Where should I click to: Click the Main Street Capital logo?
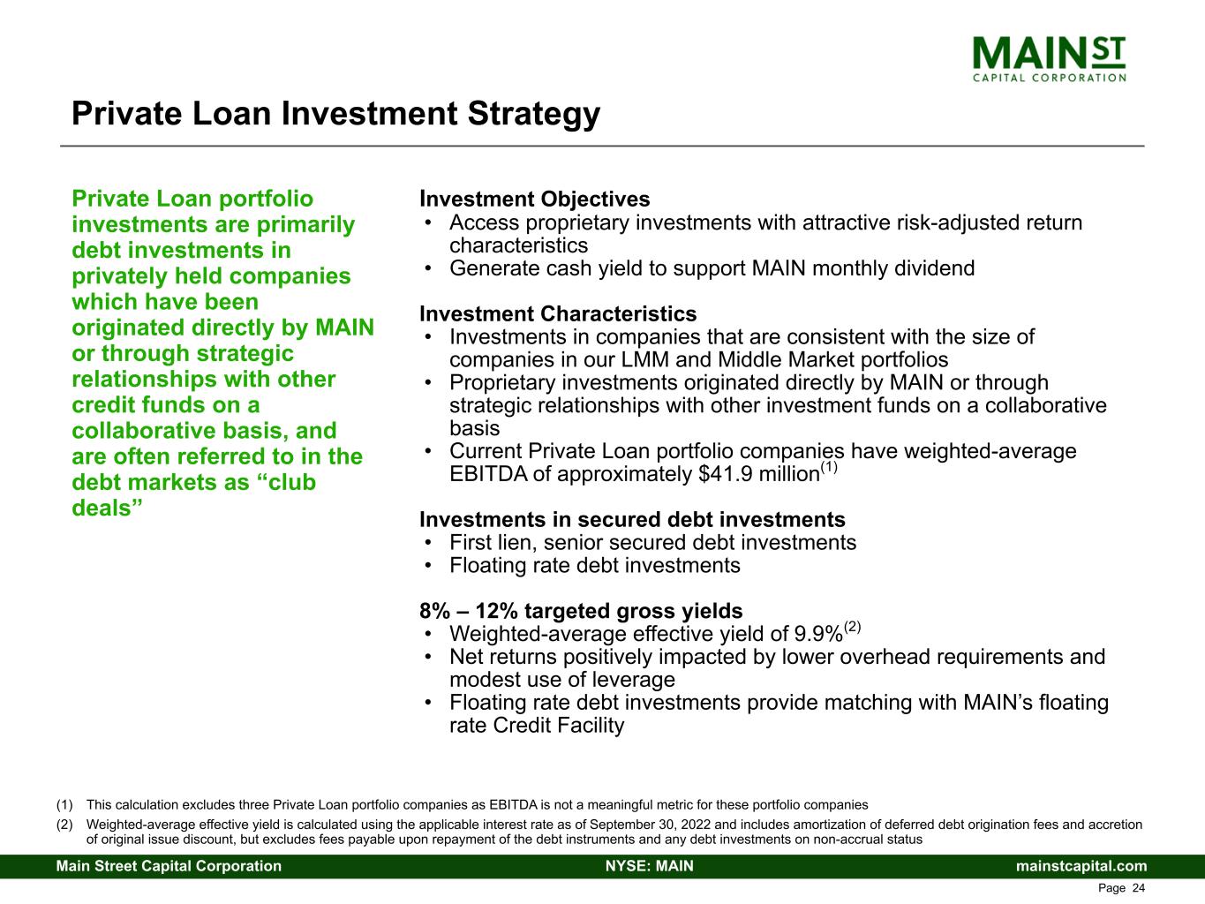click(1049, 58)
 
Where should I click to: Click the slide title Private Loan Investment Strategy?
click(335, 114)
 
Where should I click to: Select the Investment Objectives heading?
click(535, 200)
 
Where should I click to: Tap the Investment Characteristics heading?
click(558, 314)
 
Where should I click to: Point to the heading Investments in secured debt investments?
click(632, 520)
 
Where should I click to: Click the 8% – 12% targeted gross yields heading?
click(581, 611)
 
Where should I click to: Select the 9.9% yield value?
click(818, 635)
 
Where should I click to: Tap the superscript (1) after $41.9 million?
click(829, 467)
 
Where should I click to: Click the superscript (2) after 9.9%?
click(852, 627)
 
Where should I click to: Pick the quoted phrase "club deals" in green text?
click(194, 495)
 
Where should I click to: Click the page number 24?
click(1139, 888)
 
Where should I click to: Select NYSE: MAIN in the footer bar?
click(649, 866)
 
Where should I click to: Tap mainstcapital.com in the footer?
click(1081, 866)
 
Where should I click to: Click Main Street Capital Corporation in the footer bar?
click(169, 866)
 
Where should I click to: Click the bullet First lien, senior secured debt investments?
click(652, 543)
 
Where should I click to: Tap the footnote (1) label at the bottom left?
click(64, 805)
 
